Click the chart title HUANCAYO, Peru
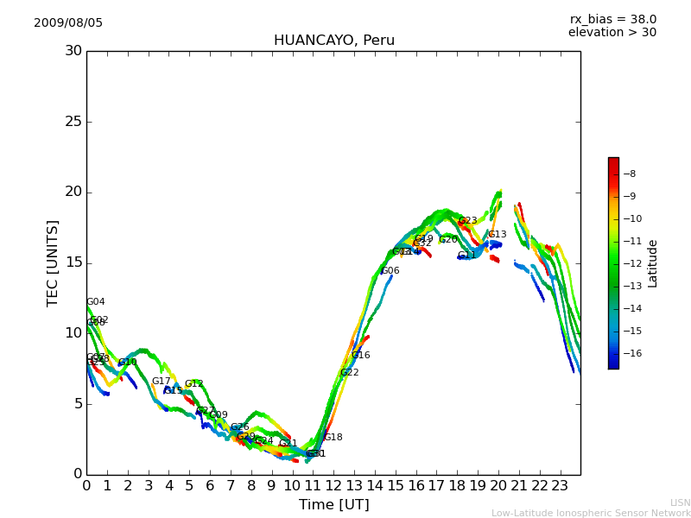[333, 41]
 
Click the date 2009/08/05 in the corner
[68, 23]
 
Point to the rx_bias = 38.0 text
[612, 20]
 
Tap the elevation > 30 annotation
[612, 33]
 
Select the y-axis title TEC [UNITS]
[54, 262]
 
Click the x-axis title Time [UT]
[333, 505]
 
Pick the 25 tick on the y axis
[73, 122]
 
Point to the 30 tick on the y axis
[73, 51]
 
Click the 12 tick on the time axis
[333, 485]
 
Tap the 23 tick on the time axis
[560, 485]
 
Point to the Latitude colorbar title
[653, 263]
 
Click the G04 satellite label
[96, 302]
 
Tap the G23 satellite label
[467, 221]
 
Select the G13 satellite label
[498, 235]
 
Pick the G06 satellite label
[390, 271]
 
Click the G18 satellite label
[333, 438]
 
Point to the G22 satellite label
[350, 373]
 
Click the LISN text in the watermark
[681, 502]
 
